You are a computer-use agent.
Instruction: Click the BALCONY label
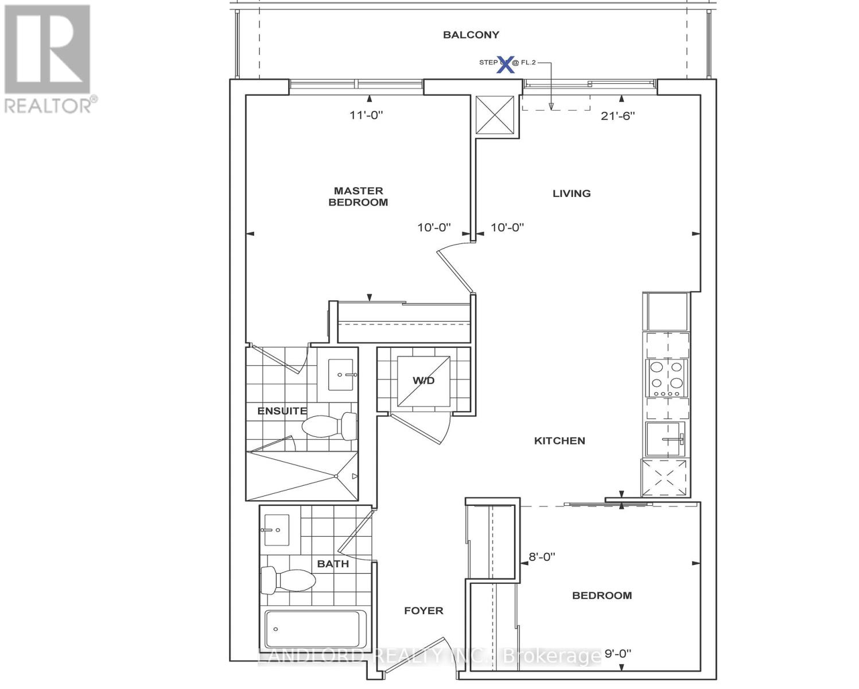tap(471, 35)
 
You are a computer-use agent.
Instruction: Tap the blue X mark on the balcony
tap(505, 64)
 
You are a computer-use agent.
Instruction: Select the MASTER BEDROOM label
tap(358, 196)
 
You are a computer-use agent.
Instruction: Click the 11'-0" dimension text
tap(366, 115)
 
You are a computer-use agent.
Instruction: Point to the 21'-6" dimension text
tap(617, 116)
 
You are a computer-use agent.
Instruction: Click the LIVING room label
tap(571, 193)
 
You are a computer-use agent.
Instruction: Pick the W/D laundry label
tap(423, 381)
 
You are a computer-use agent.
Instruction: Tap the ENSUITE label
tap(282, 411)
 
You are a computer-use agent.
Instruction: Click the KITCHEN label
tap(559, 441)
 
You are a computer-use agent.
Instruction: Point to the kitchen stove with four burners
tap(667, 378)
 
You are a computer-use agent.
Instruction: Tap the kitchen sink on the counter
tap(666, 439)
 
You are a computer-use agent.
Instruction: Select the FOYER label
tap(423, 611)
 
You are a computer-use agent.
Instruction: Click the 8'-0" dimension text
tap(542, 557)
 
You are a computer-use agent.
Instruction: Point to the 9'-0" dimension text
tap(617, 653)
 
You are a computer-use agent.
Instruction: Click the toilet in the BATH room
tap(287, 580)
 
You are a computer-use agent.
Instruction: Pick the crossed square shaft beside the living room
tap(497, 115)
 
